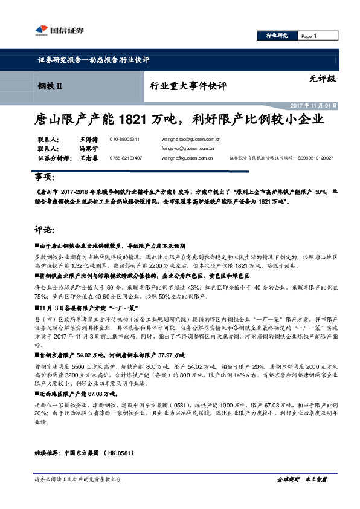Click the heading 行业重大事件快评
point(188,86)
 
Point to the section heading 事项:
point(45,178)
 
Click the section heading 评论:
point(45,230)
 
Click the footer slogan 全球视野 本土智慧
point(301,479)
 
